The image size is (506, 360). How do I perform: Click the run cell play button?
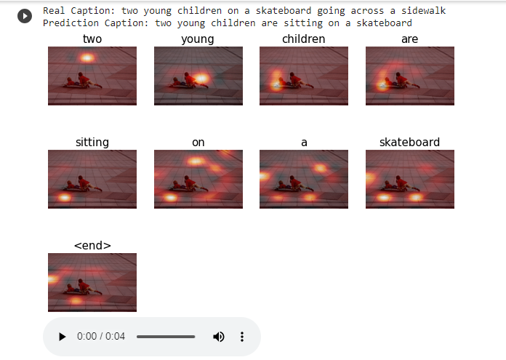pos(25,15)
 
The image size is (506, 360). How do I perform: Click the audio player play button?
pos(63,337)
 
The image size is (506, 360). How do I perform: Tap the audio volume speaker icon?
pos(218,337)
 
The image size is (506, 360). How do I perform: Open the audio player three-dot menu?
pos(242,337)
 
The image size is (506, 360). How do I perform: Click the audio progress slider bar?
pos(166,337)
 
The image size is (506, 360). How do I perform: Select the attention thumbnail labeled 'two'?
pos(92,76)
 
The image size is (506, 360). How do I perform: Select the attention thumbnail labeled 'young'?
pos(198,76)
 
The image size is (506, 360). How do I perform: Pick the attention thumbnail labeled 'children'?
pos(304,76)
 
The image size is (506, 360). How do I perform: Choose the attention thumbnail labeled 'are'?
pos(409,76)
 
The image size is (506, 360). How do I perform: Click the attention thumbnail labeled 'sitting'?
pos(92,179)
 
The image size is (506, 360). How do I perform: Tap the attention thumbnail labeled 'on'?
pos(198,179)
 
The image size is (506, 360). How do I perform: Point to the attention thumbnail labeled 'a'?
pos(304,179)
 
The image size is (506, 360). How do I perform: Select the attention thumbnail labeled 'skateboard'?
pos(409,179)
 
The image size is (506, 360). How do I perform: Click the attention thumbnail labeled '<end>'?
pos(92,282)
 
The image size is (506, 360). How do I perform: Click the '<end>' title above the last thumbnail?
pos(92,246)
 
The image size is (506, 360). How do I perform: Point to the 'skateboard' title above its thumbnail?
pos(409,142)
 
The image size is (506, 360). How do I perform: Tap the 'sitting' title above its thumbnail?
pos(92,142)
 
